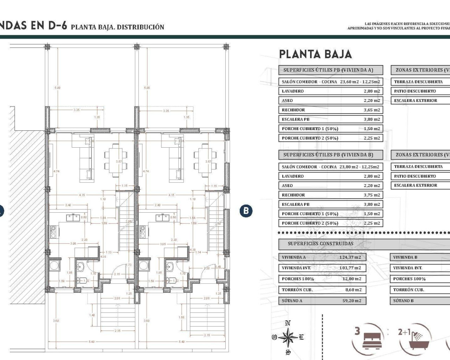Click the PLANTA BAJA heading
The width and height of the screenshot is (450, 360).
(x=315, y=54)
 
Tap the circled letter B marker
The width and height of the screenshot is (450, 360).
(x=246, y=211)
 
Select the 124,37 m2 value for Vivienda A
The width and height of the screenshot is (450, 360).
(x=350, y=257)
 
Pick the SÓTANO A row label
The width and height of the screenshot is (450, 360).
(x=292, y=301)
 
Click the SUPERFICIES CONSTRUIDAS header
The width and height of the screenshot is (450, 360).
(x=321, y=243)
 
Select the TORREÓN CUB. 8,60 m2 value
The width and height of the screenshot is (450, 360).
(x=353, y=290)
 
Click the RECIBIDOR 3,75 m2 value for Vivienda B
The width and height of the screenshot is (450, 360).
(x=372, y=195)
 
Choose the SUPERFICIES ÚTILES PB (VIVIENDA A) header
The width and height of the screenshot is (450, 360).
(x=328, y=70)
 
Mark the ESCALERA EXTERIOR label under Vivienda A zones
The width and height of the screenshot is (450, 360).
(x=415, y=101)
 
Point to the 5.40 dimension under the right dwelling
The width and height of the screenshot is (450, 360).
(x=182, y=342)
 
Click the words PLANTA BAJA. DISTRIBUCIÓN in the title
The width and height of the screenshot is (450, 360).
(x=117, y=27)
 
